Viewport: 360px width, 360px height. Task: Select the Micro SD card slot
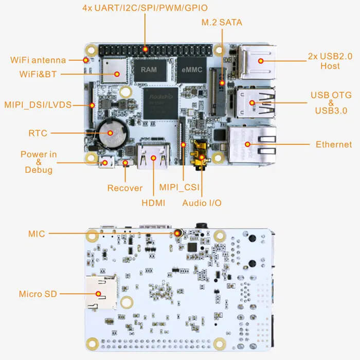[101, 294]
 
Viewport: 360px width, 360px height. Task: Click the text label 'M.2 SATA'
[221, 23]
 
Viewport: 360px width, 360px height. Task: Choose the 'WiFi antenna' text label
[38, 60]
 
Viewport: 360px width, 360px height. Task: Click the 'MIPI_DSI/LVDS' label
[38, 105]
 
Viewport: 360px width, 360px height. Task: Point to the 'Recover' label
[125, 188]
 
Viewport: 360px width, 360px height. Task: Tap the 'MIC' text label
[37, 233]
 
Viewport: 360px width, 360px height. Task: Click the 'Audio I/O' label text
[202, 203]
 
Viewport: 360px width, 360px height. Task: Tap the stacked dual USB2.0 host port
[257, 61]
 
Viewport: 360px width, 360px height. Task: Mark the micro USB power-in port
[106, 163]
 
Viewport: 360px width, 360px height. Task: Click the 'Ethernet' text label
[334, 145]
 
